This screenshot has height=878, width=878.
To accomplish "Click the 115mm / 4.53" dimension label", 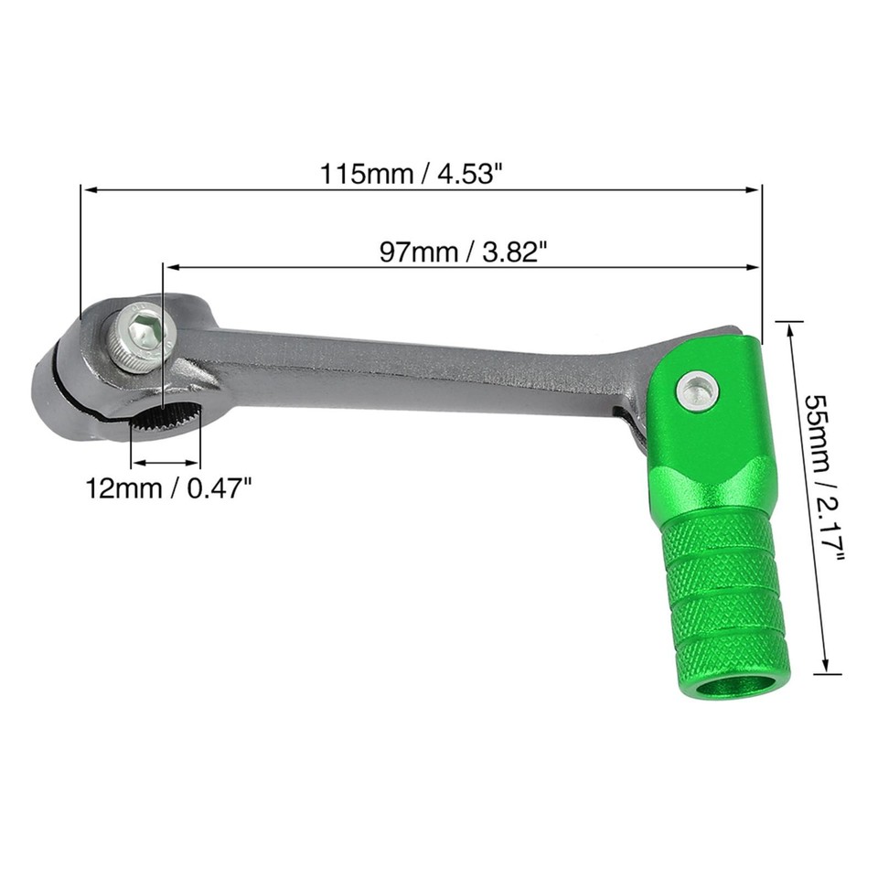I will pos(412,174).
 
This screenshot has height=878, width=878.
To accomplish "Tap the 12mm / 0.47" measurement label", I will pos(168,487).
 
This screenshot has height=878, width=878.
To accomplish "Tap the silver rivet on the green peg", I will pos(697,391).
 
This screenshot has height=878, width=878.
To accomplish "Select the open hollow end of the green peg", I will pos(733,684).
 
